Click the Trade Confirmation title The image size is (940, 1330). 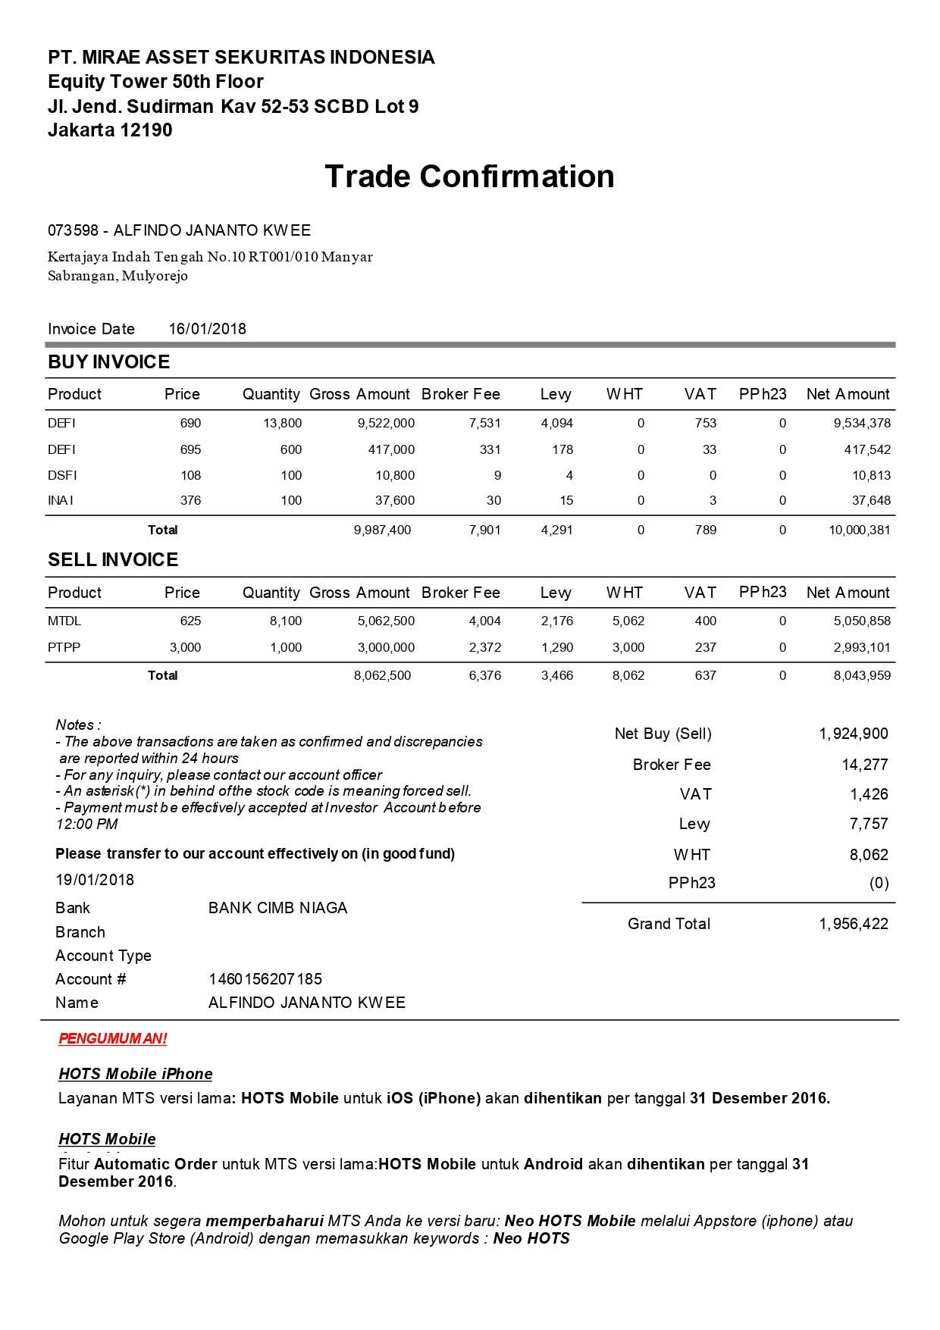click(469, 177)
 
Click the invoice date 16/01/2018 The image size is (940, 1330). click(207, 329)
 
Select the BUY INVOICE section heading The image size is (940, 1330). click(108, 362)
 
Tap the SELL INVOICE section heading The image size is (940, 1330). click(113, 560)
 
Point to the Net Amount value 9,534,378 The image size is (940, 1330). click(862, 423)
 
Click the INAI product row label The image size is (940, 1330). click(61, 500)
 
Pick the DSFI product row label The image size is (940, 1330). click(62, 475)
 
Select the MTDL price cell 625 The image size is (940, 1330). click(190, 621)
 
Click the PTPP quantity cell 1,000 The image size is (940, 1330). click(286, 647)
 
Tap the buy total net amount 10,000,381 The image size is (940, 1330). click(859, 530)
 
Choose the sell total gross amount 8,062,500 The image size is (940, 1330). click(382, 675)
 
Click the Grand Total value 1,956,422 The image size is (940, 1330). click(853, 924)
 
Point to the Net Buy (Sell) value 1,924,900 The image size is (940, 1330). click(853, 734)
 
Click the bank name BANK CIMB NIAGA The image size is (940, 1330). click(277, 908)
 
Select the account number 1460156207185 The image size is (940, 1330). click(265, 979)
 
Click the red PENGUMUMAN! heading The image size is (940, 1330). click(113, 1039)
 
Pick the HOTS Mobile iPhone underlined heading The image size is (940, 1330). click(136, 1074)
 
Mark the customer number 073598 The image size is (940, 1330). click(73, 230)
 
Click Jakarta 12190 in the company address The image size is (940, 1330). click(110, 130)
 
